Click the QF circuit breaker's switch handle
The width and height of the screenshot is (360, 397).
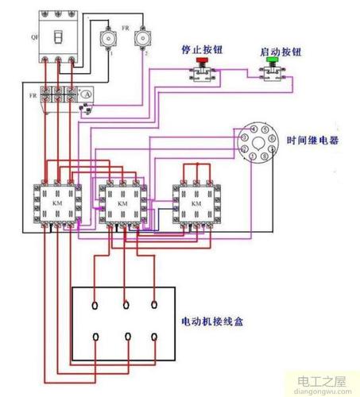tap(57, 37)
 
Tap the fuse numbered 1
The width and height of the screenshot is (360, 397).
tap(106, 37)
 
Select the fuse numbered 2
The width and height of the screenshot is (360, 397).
tap(143, 37)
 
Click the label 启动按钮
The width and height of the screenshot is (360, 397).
tap(273, 52)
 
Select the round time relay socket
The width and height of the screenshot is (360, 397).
tap(254, 144)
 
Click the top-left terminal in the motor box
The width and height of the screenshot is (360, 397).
tap(95, 304)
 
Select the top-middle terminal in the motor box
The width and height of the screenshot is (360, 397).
tap(126, 304)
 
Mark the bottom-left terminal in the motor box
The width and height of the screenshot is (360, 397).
tap(95, 338)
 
